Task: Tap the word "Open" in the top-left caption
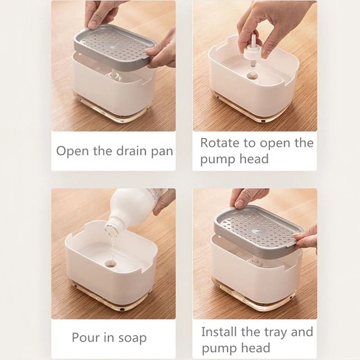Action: (x=72, y=151)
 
